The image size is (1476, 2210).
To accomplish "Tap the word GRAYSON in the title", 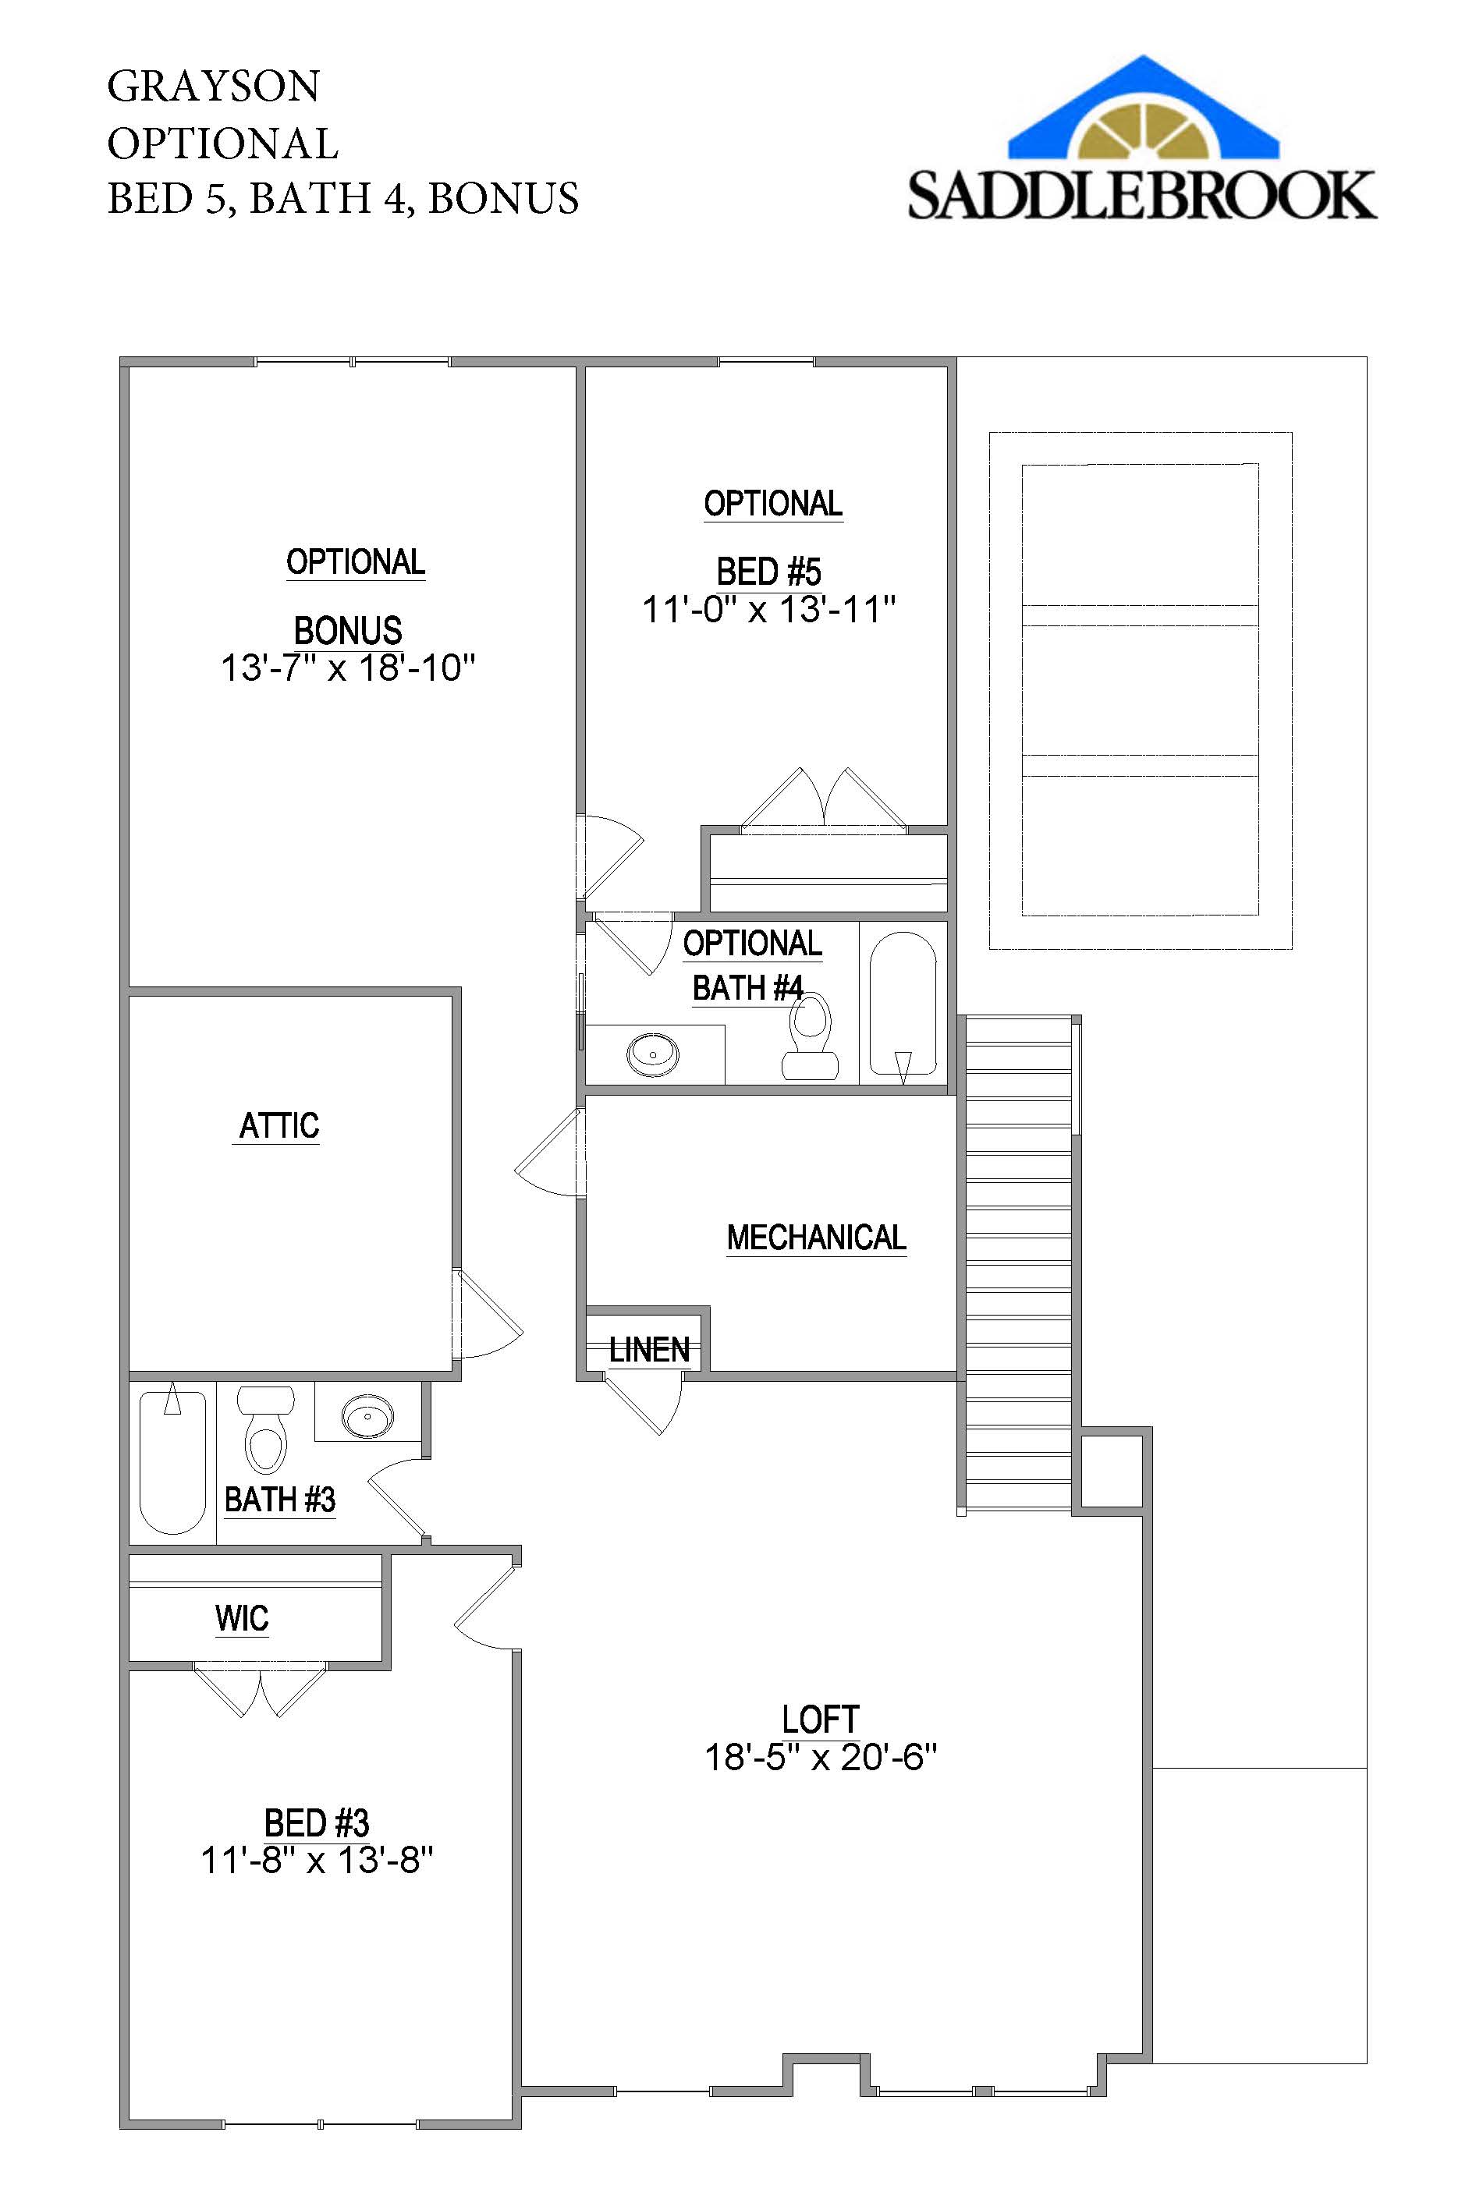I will tap(214, 87).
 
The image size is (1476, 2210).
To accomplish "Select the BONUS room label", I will tap(347, 630).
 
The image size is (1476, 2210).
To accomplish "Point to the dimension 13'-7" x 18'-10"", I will tap(347, 668).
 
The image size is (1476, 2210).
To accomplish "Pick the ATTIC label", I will tap(279, 1126).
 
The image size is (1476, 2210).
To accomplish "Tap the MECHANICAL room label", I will tap(816, 1238).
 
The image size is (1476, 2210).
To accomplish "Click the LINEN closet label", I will tap(648, 1350).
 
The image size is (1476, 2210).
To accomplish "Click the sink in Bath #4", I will tap(652, 1054).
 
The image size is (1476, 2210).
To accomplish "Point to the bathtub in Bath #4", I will tap(903, 1003).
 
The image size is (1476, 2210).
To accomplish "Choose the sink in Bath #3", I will tap(367, 1416).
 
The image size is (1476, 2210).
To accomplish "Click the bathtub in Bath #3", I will tap(172, 1462).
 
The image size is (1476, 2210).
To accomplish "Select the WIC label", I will tap(242, 1618).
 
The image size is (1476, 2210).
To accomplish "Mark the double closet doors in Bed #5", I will tap(824, 802).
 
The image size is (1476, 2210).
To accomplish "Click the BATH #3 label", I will tap(279, 1500).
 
